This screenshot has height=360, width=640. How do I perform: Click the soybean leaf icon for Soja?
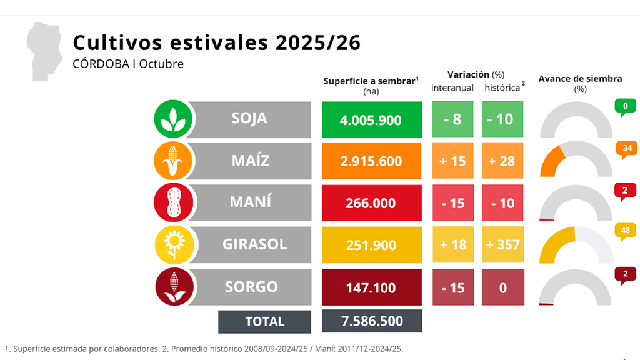(x=172, y=119)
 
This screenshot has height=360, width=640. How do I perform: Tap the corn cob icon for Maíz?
(x=172, y=161)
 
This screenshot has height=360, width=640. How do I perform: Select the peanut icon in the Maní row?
(x=172, y=202)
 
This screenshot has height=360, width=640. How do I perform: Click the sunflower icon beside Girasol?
(x=172, y=244)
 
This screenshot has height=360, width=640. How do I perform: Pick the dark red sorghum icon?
(x=173, y=287)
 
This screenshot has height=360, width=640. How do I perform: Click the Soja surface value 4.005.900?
(x=372, y=119)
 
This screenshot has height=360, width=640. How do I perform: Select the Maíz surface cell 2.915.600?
(x=372, y=161)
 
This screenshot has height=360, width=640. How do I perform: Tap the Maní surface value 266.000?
(x=372, y=203)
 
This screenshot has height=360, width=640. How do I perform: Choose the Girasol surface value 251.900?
(x=372, y=245)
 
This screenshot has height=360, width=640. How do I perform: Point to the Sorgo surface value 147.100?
(x=372, y=287)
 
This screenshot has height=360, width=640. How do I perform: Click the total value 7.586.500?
(x=372, y=321)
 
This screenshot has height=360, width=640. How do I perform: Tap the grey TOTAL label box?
(x=264, y=322)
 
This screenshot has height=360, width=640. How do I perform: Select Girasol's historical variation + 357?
(x=502, y=245)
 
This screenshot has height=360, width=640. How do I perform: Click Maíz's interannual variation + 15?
(x=452, y=161)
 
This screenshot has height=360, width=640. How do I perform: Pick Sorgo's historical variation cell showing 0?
(x=502, y=287)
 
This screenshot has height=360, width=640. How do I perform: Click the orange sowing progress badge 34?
(x=626, y=149)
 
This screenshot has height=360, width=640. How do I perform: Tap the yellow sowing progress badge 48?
(x=626, y=231)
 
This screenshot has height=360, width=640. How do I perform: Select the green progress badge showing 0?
(x=625, y=107)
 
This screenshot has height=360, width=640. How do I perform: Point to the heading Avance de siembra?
(x=580, y=79)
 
